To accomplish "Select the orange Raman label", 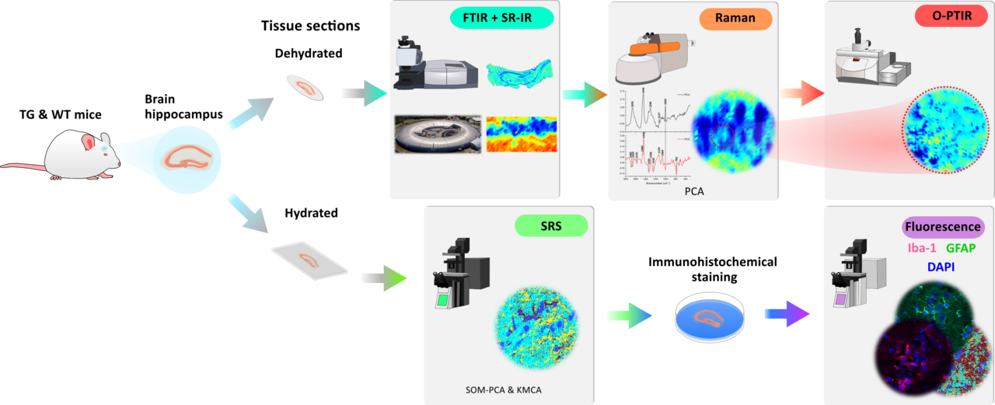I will (735, 18).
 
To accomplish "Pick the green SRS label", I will (551, 225).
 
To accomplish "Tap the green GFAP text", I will (960, 249).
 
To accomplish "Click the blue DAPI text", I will (941, 267).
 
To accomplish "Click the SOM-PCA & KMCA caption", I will (497, 389).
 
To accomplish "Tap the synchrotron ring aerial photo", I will (436, 134).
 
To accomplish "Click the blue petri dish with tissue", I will (708, 319).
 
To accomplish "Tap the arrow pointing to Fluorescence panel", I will (787, 314).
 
